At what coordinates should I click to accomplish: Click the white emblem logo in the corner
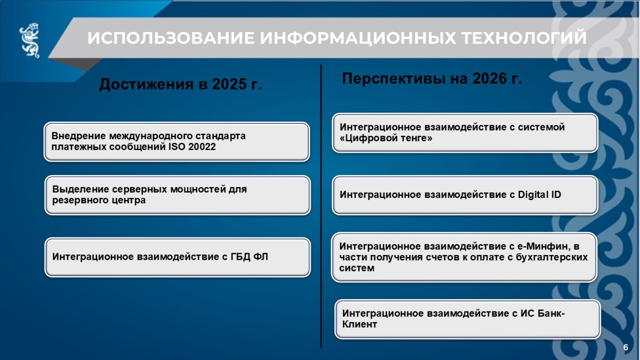point(29,40)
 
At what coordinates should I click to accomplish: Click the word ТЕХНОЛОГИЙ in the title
point(524,38)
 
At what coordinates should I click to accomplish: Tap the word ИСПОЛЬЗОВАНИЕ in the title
point(171,38)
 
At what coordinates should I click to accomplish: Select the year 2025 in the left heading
point(229,84)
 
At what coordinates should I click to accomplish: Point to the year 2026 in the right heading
point(490,78)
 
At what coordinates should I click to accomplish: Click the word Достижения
point(146,85)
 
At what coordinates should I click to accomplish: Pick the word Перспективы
point(394,79)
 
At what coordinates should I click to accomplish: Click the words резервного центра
point(99,201)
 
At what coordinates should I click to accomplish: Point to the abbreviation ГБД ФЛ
point(249,257)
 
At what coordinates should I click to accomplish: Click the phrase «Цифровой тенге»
point(386,138)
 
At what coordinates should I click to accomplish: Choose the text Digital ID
point(539,195)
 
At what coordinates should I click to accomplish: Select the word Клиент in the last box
point(359,324)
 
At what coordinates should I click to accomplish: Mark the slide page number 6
point(626,347)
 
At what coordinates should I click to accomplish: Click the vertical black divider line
point(321,206)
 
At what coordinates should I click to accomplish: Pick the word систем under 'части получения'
point(357,268)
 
